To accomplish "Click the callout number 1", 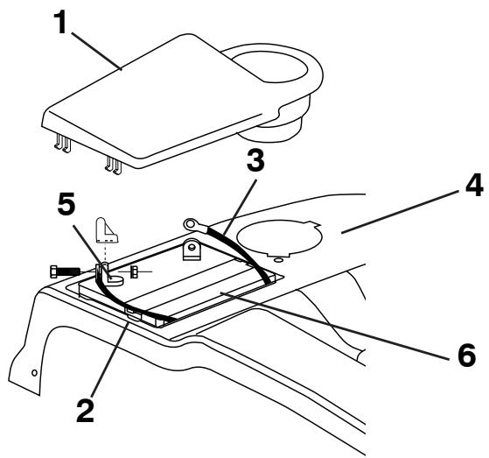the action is point(60,22).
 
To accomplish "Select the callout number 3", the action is point(255,159).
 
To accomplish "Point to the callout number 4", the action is point(474,186).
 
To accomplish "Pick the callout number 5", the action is point(66,203).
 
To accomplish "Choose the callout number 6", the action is point(467,355).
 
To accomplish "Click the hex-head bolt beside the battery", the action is point(66,271).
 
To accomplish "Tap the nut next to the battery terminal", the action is point(134,272).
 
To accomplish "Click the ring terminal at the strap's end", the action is point(191,224).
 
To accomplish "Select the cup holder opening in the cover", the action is point(270,67).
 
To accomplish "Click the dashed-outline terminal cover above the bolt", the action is point(106,230).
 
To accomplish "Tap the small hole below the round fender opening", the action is point(278,260).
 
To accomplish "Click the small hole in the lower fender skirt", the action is point(35,372).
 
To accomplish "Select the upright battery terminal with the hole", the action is point(191,250).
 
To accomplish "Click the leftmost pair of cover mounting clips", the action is point(63,144).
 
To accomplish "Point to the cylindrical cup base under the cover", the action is point(270,130).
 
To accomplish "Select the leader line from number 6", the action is point(335,326).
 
